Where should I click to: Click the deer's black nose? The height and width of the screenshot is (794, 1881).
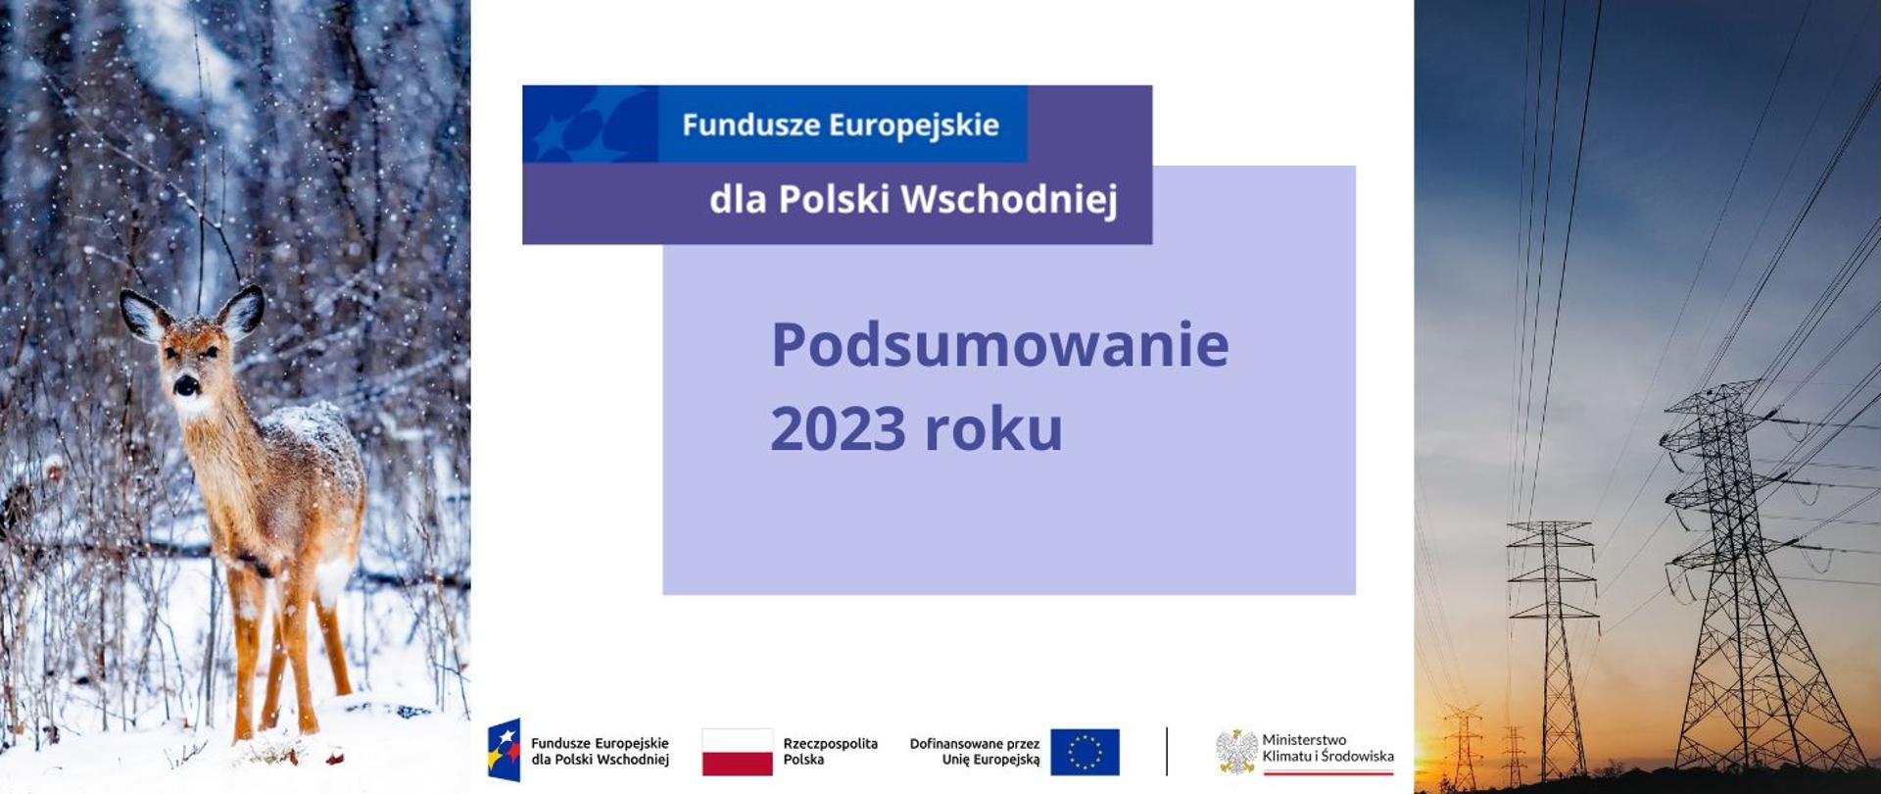186,384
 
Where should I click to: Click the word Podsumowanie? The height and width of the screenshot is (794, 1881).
999,345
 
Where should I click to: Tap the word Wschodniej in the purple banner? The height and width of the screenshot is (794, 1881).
1009,199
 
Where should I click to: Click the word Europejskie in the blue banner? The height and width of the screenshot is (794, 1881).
914,124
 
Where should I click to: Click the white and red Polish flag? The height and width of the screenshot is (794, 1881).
737,752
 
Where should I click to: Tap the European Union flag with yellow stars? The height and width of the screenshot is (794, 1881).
1085,752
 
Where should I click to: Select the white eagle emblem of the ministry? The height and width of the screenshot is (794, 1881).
1236,751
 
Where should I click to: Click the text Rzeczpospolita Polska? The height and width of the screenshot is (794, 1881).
830,752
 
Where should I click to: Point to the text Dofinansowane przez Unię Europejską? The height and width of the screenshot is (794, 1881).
975,752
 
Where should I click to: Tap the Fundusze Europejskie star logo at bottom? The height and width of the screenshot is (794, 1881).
504,750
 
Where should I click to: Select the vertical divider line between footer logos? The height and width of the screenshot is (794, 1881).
1167,752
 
